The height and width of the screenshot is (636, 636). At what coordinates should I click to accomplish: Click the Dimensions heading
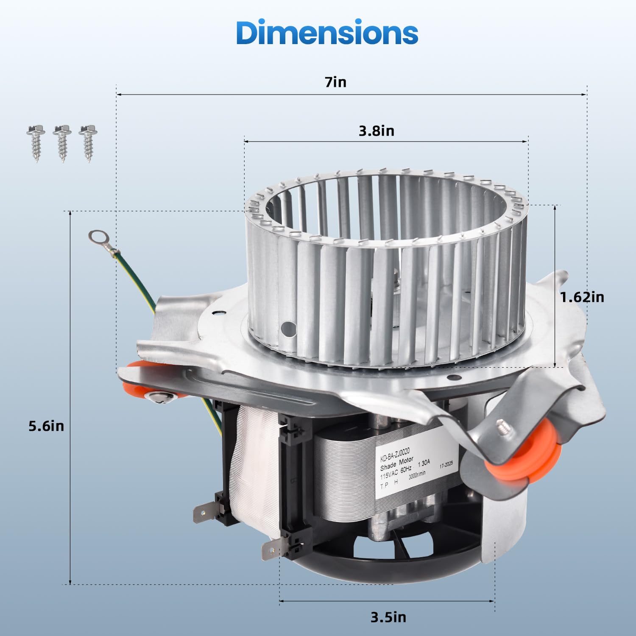click(327, 33)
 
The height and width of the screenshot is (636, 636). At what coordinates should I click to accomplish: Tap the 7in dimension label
click(336, 82)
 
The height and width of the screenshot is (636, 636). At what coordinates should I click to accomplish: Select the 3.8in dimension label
click(377, 131)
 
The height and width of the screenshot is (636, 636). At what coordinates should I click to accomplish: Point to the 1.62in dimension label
click(582, 297)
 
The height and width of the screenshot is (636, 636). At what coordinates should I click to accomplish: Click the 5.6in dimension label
click(46, 426)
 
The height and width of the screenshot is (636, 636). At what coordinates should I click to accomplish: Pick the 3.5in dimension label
click(388, 617)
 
